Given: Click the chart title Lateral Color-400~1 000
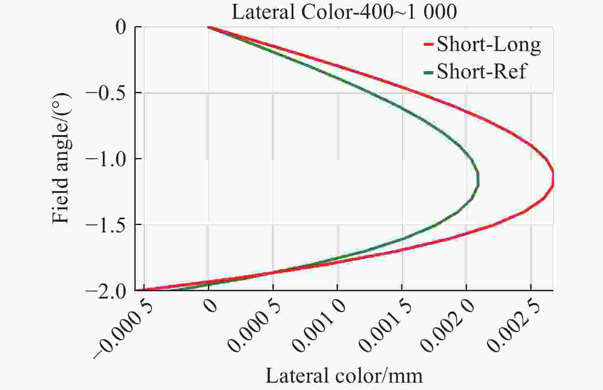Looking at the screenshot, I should [x=344, y=12].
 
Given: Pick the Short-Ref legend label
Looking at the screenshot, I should [x=482, y=71].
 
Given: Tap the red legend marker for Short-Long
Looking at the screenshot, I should [x=428, y=45].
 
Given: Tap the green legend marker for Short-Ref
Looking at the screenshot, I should [x=428, y=72].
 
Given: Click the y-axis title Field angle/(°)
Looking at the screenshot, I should [x=62, y=158].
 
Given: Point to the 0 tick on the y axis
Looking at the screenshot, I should [x=121, y=27].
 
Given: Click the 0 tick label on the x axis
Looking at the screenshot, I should [x=211, y=305].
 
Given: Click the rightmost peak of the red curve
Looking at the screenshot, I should [x=553, y=178].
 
